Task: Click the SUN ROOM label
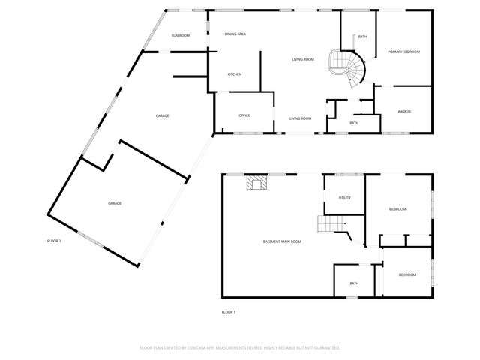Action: pyautogui.click(x=180, y=35)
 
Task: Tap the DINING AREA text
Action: pyautogui.click(x=235, y=34)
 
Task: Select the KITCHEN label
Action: pyautogui.click(x=235, y=74)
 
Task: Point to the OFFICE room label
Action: pyautogui.click(x=244, y=115)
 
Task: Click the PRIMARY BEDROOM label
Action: pyautogui.click(x=403, y=52)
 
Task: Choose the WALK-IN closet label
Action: pyautogui.click(x=403, y=112)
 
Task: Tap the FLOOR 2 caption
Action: pyautogui.click(x=54, y=241)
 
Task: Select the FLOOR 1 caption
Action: pyautogui.click(x=228, y=311)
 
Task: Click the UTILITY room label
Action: pyautogui.click(x=344, y=198)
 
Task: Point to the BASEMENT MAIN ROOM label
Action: pyautogui.click(x=282, y=241)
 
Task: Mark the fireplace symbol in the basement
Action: pyautogui.click(x=258, y=183)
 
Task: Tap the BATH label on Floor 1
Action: pyautogui.click(x=354, y=283)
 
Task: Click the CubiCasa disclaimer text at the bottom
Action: pyautogui.click(x=240, y=347)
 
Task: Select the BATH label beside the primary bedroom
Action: pyautogui.click(x=362, y=37)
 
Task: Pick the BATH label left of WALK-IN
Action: pyautogui.click(x=354, y=123)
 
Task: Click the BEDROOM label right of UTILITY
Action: pyautogui.click(x=397, y=209)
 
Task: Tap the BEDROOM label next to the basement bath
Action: pyautogui.click(x=406, y=275)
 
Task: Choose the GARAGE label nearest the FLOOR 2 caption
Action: pyautogui.click(x=115, y=203)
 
